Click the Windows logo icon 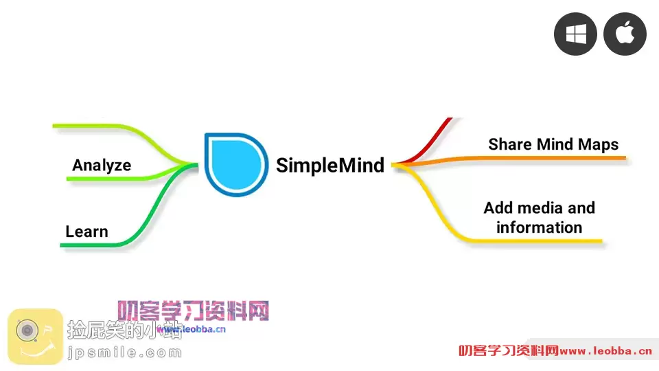575,34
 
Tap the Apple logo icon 625,34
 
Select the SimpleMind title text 330,166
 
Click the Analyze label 102,165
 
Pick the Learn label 86,232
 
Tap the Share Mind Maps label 553,144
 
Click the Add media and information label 539,217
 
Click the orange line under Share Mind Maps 549,159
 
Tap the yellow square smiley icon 35,337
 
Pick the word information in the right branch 539,227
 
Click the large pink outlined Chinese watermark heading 193,311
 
